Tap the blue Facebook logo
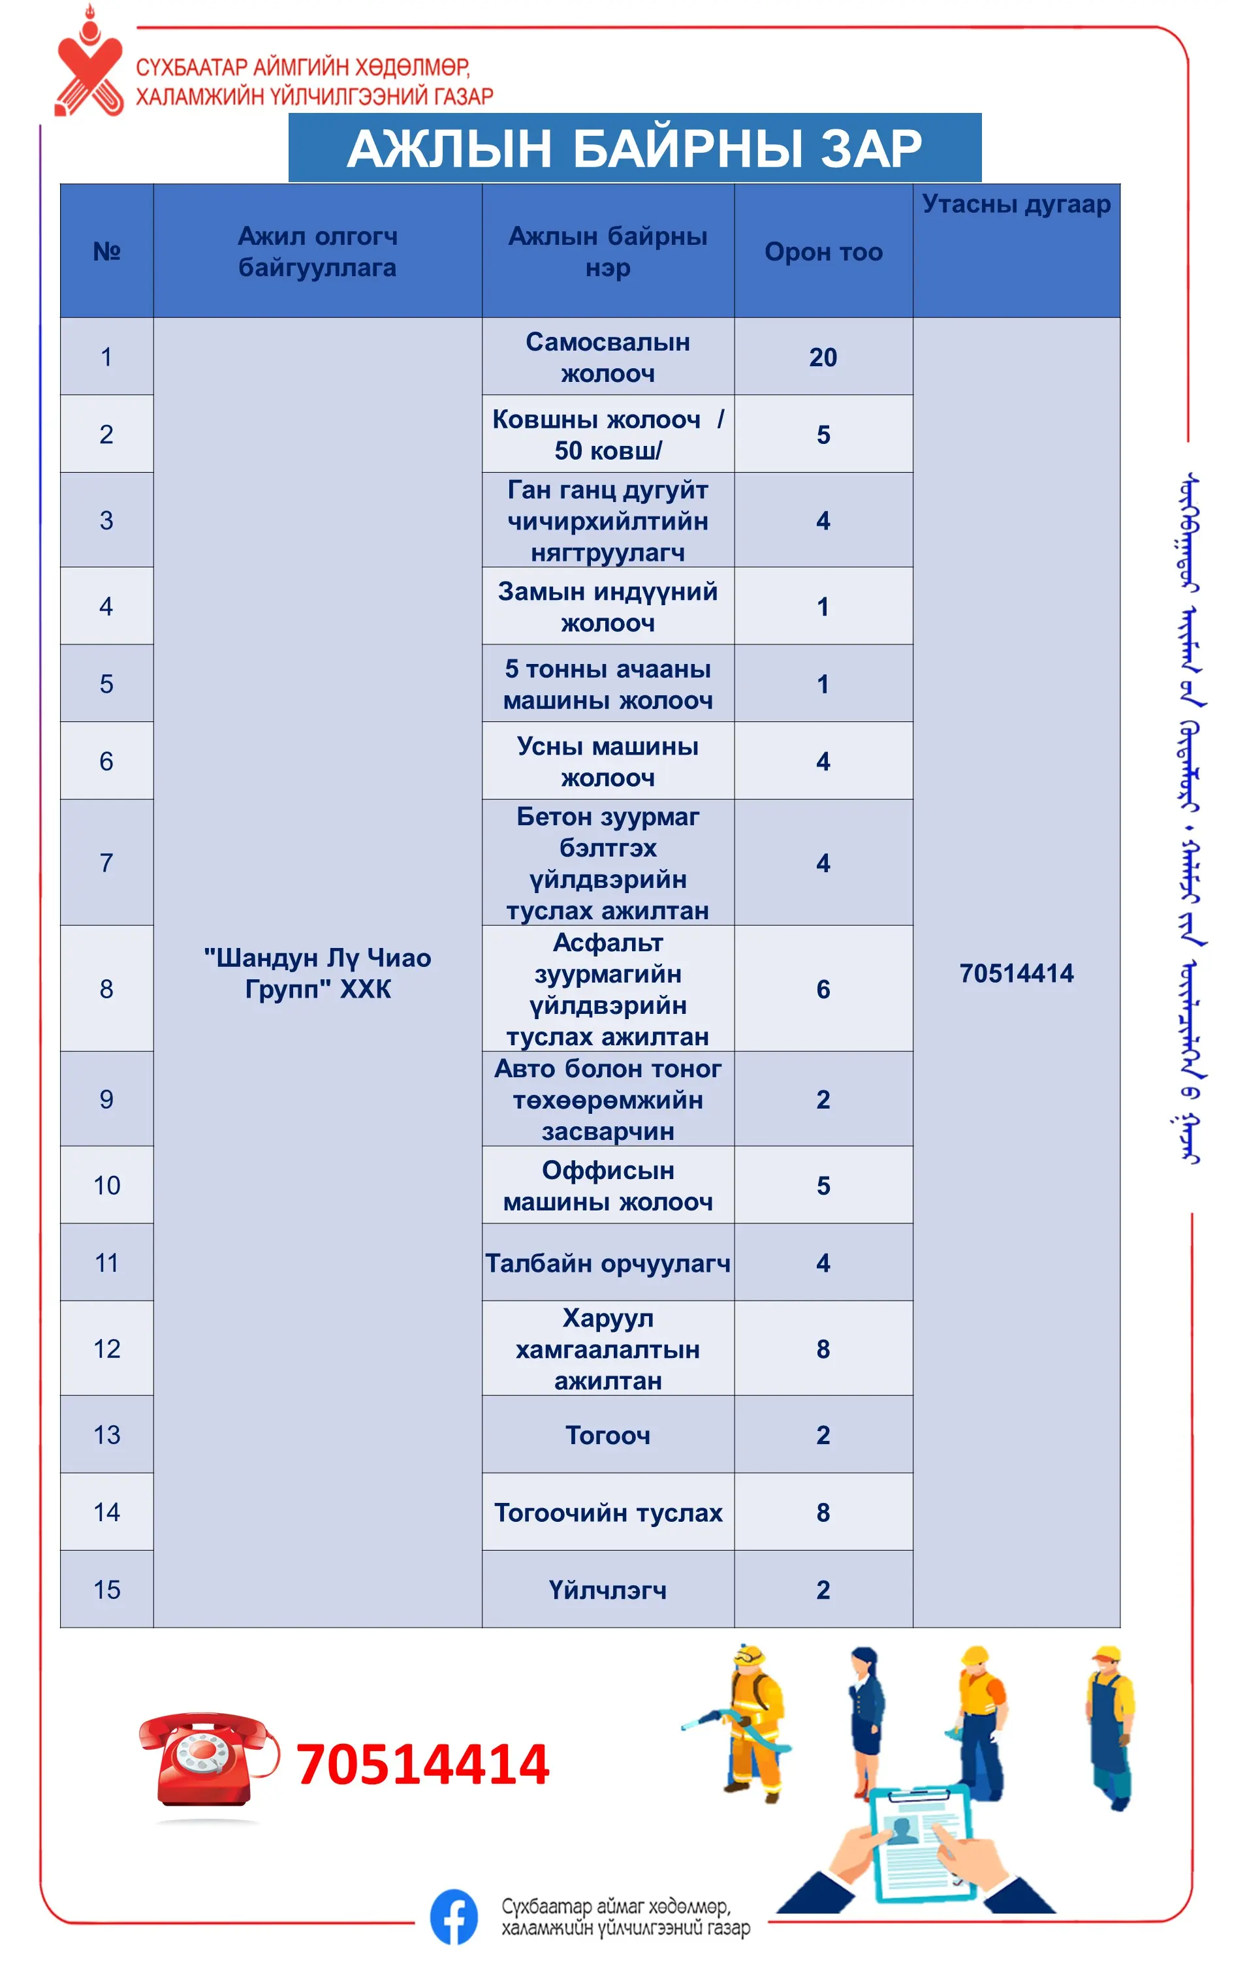click(454, 1917)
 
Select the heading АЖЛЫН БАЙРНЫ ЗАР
click(634, 149)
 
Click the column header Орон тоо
click(823, 252)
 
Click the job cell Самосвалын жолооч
click(607, 358)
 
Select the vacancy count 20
click(823, 358)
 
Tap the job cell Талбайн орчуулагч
click(607, 1263)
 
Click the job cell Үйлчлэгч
click(607, 1590)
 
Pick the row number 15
click(107, 1590)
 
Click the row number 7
click(107, 862)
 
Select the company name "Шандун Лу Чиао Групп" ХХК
click(317, 973)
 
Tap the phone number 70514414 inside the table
click(1016, 973)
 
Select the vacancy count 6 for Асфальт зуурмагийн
click(823, 989)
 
